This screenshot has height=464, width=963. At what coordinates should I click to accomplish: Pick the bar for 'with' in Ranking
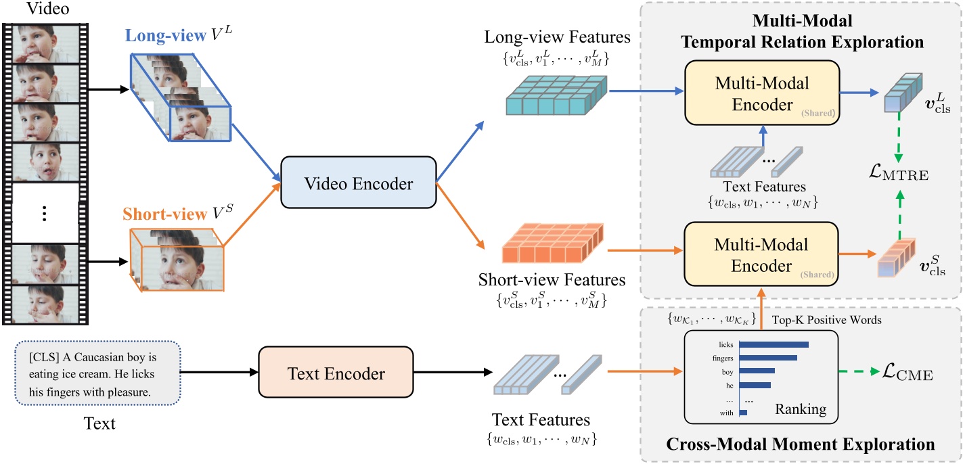(x=743, y=412)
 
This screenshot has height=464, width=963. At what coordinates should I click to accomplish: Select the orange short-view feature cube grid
(x=553, y=249)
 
